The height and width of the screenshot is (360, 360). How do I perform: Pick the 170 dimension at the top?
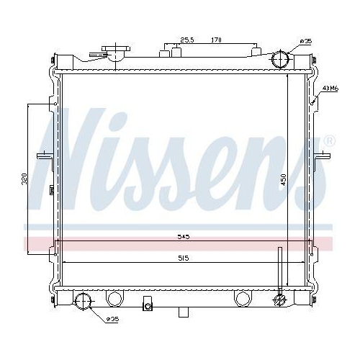tap(215, 40)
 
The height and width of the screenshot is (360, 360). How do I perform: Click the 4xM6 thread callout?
tap(330, 89)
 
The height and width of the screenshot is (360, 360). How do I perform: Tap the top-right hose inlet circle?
tap(282, 60)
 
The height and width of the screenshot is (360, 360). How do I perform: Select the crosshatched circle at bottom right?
tap(280, 300)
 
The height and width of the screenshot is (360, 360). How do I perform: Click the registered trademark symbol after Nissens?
tap(329, 140)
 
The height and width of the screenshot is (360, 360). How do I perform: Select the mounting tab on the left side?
tap(42, 156)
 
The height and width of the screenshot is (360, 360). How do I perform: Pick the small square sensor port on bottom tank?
tap(148, 305)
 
